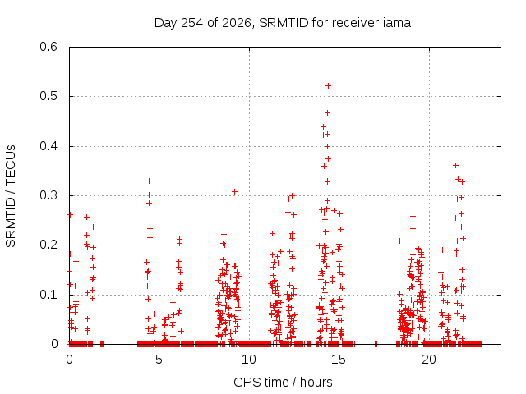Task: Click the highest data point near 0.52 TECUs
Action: click(x=328, y=85)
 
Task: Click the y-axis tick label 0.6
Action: click(x=48, y=47)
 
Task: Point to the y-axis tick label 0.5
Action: click(x=48, y=96)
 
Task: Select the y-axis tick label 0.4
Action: click(x=48, y=146)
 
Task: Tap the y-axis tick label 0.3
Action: click(x=48, y=195)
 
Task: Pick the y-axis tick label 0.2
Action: click(x=48, y=245)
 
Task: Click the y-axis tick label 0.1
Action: click(x=48, y=295)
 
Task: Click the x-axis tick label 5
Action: click(x=159, y=360)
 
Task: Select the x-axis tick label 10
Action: click(x=248, y=360)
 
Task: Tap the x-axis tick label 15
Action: click(x=339, y=360)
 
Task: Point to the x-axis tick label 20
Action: click(x=429, y=360)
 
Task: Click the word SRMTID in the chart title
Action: click(x=284, y=23)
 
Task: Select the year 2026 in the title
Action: click(x=237, y=23)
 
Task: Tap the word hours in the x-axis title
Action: click(x=316, y=382)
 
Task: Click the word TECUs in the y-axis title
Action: click(x=11, y=164)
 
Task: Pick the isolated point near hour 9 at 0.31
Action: click(x=234, y=191)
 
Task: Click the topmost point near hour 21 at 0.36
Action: click(x=455, y=165)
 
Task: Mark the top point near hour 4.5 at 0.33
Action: click(x=150, y=181)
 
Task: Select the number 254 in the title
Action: click(x=191, y=23)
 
